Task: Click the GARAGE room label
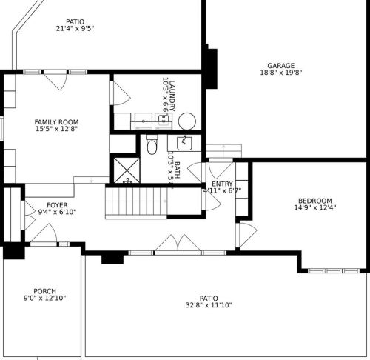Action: (x=281, y=65)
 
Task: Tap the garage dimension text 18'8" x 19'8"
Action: (x=281, y=73)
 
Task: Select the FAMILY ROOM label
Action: (x=56, y=122)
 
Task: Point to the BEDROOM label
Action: (x=314, y=201)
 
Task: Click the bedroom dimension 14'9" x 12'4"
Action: (x=314, y=208)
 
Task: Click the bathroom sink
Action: (x=184, y=143)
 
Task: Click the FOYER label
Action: (x=57, y=204)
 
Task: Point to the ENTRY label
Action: (x=222, y=184)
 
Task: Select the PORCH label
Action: (x=44, y=291)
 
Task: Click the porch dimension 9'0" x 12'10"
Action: (x=44, y=299)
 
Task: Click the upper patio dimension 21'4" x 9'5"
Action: (x=75, y=29)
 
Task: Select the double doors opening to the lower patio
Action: (x=178, y=245)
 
